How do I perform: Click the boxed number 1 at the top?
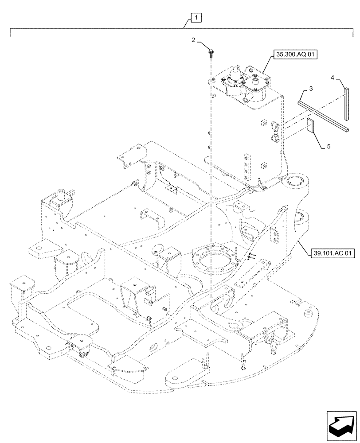click(x=196, y=18)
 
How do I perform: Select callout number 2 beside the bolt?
click(x=194, y=40)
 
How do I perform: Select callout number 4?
click(x=332, y=78)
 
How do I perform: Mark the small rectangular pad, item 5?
click(x=310, y=125)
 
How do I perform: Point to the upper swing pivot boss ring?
click(x=291, y=182)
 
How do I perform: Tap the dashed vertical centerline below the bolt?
click(x=211, y=177)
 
